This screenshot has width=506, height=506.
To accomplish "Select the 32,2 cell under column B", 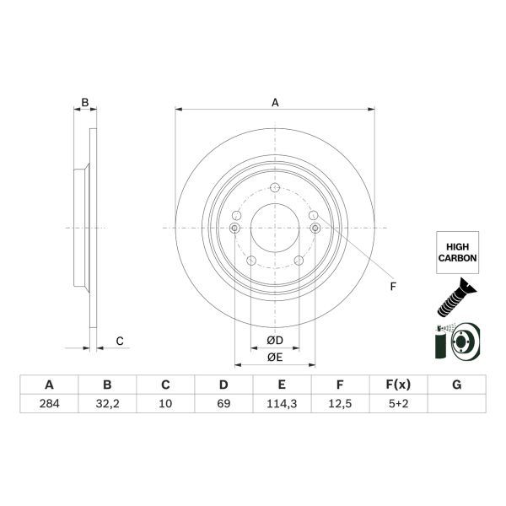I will (x=107, y=403).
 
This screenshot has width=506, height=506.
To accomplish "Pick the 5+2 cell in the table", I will (x=398, y=403).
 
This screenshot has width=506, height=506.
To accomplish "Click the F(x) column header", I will (x=398, y=385).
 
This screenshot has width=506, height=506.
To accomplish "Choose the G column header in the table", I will (x=456, y=385).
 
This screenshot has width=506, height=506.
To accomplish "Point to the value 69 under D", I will (x=223, y=403).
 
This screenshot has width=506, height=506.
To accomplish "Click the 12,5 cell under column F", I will (x=340, y=403).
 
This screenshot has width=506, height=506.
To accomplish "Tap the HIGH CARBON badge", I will (x=456, y=250).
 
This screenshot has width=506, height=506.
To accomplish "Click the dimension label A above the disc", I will (x=275, y=103).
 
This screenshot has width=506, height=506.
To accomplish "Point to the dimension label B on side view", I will (x=83, y=103).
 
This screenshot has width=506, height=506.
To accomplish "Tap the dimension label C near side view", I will (x=120, y=341).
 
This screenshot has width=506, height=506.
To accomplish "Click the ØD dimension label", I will (x=274, y=340).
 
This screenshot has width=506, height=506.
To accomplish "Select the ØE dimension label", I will (x=274, y=358).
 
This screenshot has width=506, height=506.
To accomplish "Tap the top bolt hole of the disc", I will (x=275, y=188).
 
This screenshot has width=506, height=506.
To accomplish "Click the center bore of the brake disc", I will (x=275, y=229).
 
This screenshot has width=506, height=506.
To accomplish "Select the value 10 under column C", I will (x=165, y=403).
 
